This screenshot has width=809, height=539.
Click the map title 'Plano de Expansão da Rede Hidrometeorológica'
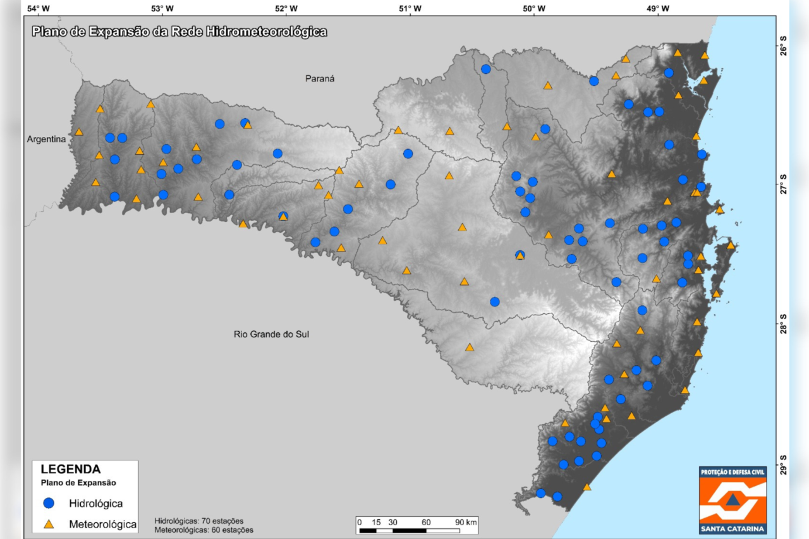179,32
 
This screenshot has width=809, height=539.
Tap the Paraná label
319,79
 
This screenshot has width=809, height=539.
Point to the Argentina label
46,139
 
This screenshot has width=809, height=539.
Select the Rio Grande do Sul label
271,334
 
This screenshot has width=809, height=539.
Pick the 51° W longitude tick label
410,8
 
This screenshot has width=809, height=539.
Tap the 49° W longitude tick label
658,8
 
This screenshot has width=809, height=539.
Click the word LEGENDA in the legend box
70,469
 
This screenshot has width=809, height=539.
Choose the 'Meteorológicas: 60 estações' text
204,530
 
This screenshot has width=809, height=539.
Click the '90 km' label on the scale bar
466,522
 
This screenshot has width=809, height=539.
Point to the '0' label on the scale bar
359,522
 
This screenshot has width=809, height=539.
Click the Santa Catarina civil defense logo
733,500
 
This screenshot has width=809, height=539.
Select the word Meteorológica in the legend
102,524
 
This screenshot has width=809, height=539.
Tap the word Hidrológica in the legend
95,503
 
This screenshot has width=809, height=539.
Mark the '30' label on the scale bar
392,522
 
